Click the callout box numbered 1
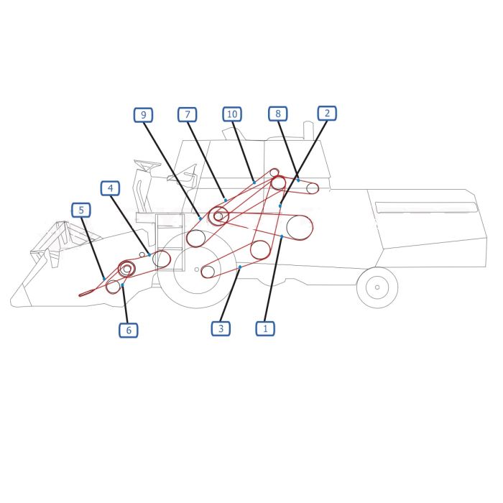(x=265, y=328)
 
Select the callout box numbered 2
(x=327, y=114)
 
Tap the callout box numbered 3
(x=221, y=328)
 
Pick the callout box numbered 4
(x=111, y=188)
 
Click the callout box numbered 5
(x=80, y=210)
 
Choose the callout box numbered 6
(x=129, y=330)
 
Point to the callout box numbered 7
(x=188, y=114)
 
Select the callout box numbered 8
(x=278, y=114)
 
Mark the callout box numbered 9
(x=144, y=115)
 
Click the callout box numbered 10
(x=232, y=114)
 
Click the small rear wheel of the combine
(x=377, y=287)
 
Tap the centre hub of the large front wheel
(x=197, y=269)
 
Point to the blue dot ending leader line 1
(x=282, y=236)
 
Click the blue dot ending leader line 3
(x=240, y=267)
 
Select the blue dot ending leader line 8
(x=298, y=180)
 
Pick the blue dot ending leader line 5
(x=104, y=279)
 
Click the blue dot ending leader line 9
(x=200, y=218)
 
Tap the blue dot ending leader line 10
(x=254, y=183)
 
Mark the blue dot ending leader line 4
(x=149, y=254)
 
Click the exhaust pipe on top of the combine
(x=308, y=130)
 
